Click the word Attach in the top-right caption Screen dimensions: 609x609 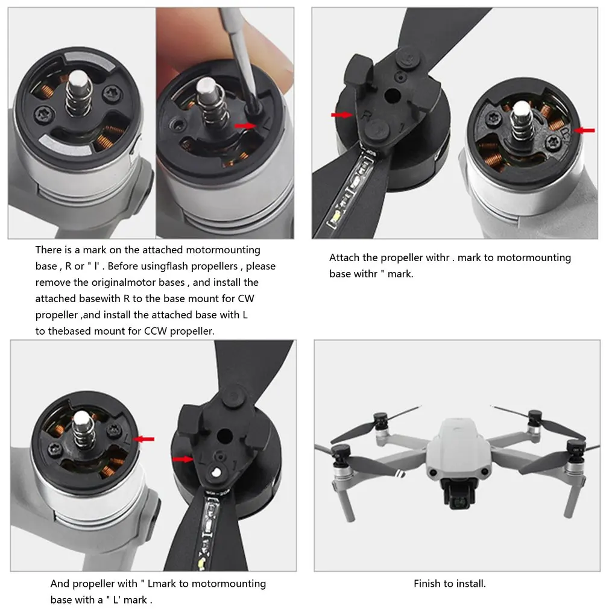pos(344,257)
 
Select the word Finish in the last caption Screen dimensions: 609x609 pos(427,583)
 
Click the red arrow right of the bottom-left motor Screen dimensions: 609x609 pos(145,439)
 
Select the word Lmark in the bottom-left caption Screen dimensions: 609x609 pos(162,583)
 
